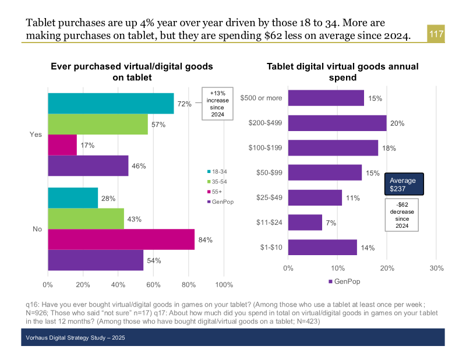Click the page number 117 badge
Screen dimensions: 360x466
(x=436, y=34)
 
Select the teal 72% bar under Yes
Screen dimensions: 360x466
(x=111, y=104)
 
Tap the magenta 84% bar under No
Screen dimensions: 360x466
(x=121, y=239)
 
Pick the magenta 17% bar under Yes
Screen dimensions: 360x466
(x=62, y=145)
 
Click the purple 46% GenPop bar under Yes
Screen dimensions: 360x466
(x=88, y=166)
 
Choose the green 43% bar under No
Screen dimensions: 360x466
(x=86, y=219)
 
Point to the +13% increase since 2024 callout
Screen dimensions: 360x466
(x=217, y=104)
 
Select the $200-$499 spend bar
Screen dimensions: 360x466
(x=337, y=123)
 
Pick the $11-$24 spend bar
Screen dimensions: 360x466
(x=305, y=222)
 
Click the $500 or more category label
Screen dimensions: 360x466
(x=261, y=98)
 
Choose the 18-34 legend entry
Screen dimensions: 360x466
(x=219, y=171)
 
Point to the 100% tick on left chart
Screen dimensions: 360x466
(x=224, y=285)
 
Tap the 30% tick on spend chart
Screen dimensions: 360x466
(x=436, y=269)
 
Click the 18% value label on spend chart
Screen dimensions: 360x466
(x=389, y=148)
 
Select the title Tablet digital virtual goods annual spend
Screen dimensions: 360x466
(x=343, y=72)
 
